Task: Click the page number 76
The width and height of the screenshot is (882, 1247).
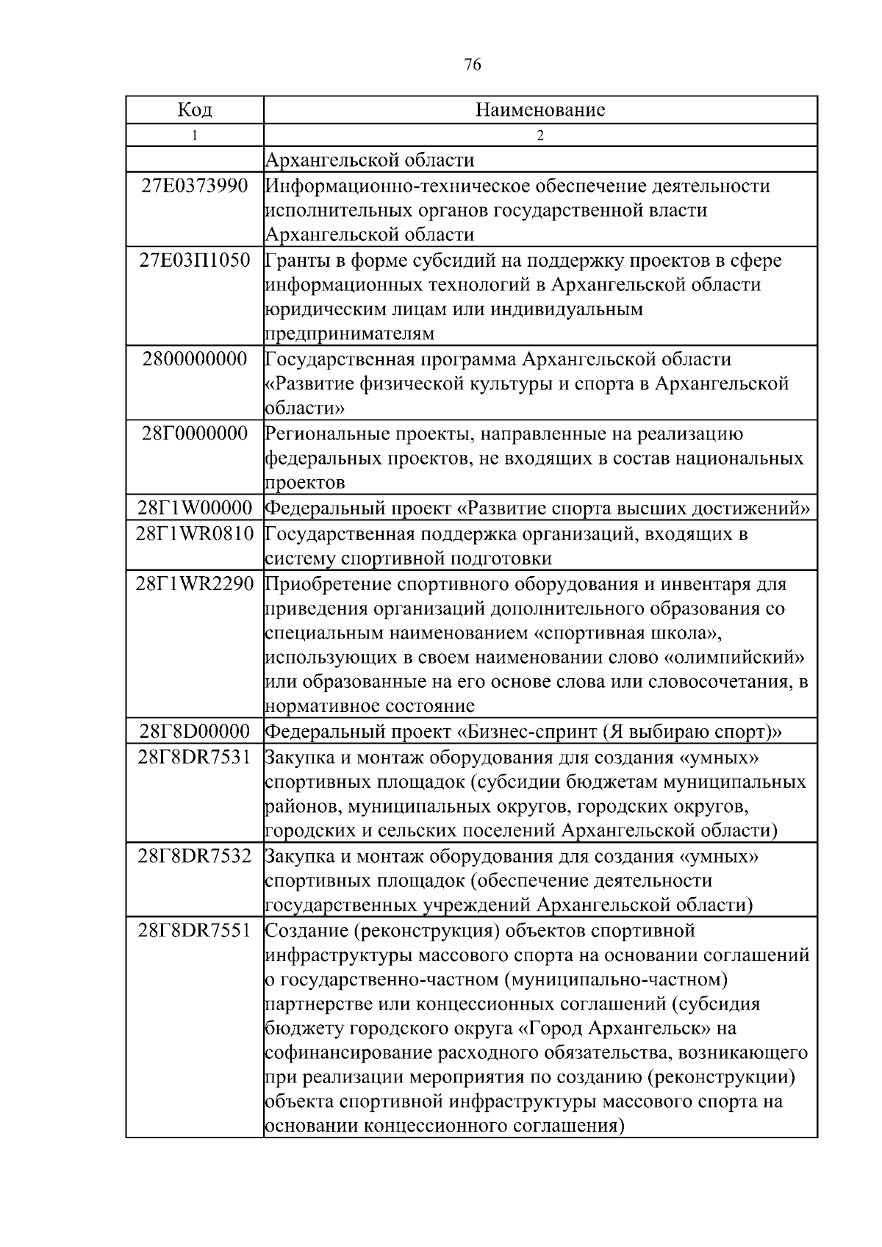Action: click(473, 65)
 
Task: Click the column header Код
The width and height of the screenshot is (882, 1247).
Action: click(195, 110)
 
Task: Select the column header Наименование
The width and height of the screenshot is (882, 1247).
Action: click(540, 110)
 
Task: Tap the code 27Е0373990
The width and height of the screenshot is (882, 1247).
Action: click(195, 185)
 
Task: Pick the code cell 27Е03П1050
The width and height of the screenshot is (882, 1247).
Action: click(195, 259)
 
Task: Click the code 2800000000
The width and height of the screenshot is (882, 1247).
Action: click(195, 359)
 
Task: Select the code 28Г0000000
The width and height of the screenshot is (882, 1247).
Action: click(195, 433)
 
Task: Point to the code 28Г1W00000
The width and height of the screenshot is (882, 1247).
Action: click(195, 508)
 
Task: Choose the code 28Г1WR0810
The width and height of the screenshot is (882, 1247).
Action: click(195, 533)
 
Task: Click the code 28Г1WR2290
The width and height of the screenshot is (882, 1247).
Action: click(195, 584)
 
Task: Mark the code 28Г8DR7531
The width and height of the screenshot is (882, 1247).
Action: click(195, 757)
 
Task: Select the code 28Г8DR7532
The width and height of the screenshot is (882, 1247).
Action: click(195, 856)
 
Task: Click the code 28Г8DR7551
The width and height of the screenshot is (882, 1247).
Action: click(195, 930)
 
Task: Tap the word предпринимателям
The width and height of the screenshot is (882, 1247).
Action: click(349, 334)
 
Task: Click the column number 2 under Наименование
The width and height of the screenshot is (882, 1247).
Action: click(540, 135)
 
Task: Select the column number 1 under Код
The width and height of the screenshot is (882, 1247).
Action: click(195, 135)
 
